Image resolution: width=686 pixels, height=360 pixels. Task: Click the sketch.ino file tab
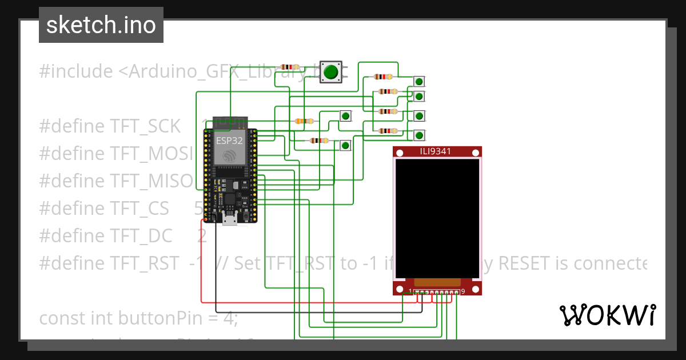tap(101, 25)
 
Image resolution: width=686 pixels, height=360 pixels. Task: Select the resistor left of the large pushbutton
tap(290, 67)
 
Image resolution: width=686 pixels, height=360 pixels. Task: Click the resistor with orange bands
tap(304, 121)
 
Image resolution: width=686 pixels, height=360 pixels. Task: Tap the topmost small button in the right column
tap(419, 82)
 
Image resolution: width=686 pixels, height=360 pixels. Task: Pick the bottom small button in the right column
tap(419, 135)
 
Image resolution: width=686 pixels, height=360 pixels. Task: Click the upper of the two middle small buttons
tap(345, 116)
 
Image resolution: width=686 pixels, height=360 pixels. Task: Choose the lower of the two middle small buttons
tap(345, 146)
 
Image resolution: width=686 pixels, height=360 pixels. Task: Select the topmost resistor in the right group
tap(382, 77)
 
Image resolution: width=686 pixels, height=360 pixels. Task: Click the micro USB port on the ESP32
tap(230, 219)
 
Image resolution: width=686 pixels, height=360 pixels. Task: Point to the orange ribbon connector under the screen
tap(437, 282)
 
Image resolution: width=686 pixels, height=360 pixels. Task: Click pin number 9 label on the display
tap(462, 292)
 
